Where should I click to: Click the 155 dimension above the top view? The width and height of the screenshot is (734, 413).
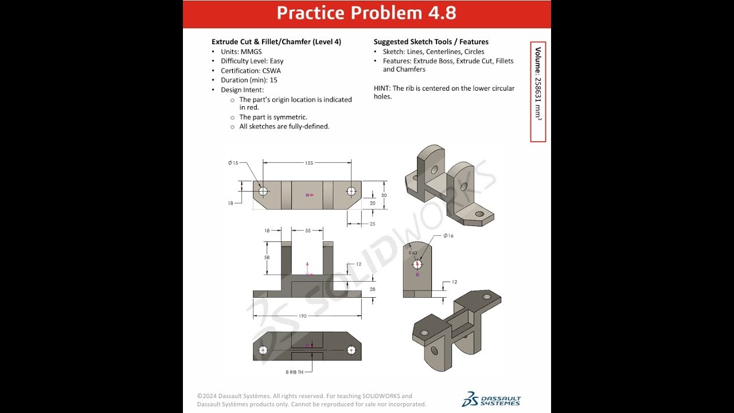point(309,163)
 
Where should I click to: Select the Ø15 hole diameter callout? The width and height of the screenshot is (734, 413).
point(233,163)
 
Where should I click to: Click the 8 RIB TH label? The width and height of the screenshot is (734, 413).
point(295,372)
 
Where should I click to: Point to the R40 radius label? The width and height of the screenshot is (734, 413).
point(413,252)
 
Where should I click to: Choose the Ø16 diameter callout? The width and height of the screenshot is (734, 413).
point(448,236)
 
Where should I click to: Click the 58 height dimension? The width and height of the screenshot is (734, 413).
point(267,258)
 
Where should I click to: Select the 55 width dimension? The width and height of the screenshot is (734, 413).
point(307,230)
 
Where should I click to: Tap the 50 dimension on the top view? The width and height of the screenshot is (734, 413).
point(384,195)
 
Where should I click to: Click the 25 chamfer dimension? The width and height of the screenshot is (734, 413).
point(372,224)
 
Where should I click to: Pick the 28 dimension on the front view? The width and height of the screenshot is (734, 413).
point(372,289)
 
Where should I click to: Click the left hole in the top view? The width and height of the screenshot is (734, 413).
point(263,191)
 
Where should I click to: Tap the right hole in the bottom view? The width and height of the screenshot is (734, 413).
point(352,350)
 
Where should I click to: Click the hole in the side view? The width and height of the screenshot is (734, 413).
point(417,264)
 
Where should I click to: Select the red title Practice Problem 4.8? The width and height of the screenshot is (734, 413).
point(366,13)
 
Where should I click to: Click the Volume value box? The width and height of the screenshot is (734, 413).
point(538,92)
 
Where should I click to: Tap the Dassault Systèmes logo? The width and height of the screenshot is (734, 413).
point(491,399)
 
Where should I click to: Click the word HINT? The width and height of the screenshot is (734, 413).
point(382,88)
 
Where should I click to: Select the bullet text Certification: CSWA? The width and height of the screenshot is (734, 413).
point(251,71)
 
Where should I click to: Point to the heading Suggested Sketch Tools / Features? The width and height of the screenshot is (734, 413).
point(431,42)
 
